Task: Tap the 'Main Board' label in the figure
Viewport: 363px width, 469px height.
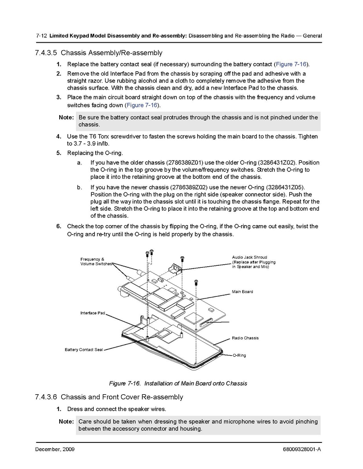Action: [242, 292]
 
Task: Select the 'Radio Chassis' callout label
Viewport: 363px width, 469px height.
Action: [245, 338]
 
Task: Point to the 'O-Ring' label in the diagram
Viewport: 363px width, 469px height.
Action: [239, 355]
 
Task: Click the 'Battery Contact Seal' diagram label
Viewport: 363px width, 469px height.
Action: [83, 350]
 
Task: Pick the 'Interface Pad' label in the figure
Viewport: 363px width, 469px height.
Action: [93, 313]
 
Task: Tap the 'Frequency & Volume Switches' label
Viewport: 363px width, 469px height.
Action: [96, 262]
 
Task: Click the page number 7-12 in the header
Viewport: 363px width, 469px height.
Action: [42, 36]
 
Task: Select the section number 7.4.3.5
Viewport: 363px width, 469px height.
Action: [46, 53]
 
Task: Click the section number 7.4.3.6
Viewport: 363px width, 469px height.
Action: [46, 397]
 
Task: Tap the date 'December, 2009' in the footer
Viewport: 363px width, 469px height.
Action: [54, 449]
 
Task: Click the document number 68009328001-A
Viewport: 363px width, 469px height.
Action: [301, 449]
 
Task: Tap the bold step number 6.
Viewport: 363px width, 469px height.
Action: [58, 226]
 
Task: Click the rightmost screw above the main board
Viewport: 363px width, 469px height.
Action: [196, 281]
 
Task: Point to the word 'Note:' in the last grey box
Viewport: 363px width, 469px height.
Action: [66, 422]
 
